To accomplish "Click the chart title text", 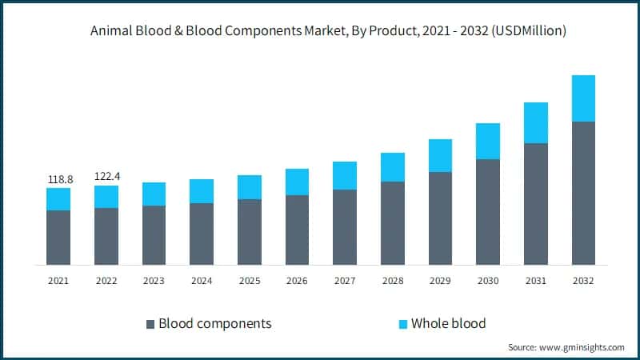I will click(320, 31).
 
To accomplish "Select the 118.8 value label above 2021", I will click(58, 179).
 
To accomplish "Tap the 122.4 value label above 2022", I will click(106, 176).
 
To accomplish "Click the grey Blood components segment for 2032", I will click(583, 193).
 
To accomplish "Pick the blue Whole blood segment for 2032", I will click(583, 98).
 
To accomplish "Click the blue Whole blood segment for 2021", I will click(58, 199).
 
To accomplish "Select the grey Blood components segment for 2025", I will click(250, 231).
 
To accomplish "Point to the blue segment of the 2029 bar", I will click(441, 155).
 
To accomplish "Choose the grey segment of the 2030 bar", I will click(488, 211).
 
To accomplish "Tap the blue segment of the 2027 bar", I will click(345, 175).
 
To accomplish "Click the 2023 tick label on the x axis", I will click(154, 281).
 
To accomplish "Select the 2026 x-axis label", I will click(297, 281).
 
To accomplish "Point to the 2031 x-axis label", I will click(536, 281).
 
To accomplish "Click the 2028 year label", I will click(393, 281).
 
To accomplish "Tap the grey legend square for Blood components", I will click(150, 324).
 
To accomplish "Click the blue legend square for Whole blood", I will click(403, 324).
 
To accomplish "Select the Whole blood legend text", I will click(448, 323).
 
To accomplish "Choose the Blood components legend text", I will click(215, 323).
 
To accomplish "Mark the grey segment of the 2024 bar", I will click(202, 234).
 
